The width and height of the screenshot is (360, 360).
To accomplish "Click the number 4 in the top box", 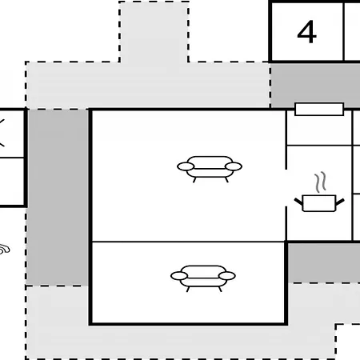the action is (x=306, y=32).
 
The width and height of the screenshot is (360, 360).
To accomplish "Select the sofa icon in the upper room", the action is (x=210, y=169).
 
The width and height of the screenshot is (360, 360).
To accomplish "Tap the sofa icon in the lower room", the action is (x=203, y=278).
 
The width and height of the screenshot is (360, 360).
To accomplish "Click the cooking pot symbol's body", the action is (x=319, y=203).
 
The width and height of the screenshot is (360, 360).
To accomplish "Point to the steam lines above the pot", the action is (x=320, y=182).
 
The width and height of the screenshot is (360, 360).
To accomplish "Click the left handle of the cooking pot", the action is (x=298, y=202).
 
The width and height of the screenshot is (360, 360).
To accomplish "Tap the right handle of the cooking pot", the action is (x=340, y=202).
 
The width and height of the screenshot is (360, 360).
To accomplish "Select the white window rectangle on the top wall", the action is (x=319, y=110).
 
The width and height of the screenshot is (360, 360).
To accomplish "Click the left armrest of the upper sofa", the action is (x=186, y=166).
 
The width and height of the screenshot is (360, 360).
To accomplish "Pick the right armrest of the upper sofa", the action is (x=234, y=166).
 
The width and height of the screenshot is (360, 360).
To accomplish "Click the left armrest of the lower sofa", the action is (x=179, y=276).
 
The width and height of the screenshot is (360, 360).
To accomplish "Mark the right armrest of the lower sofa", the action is (x=227, y=276).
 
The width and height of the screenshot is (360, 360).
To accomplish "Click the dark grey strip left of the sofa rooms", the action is (x=58, y=198).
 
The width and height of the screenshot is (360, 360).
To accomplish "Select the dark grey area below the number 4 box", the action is (x=315, y=85).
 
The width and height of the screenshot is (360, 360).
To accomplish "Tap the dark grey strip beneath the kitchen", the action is (x=324, y=262).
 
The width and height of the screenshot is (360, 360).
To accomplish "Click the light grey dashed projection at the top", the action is (x=154, y=32).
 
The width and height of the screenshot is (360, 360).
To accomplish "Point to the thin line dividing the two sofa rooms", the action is (x=188, y=242).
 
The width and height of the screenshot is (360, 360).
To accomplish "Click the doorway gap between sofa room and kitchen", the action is (x=286, y=188).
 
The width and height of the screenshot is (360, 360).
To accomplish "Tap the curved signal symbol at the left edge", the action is (x=5, y=250).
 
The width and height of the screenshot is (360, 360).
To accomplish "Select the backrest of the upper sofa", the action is (x=210, y=162).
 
